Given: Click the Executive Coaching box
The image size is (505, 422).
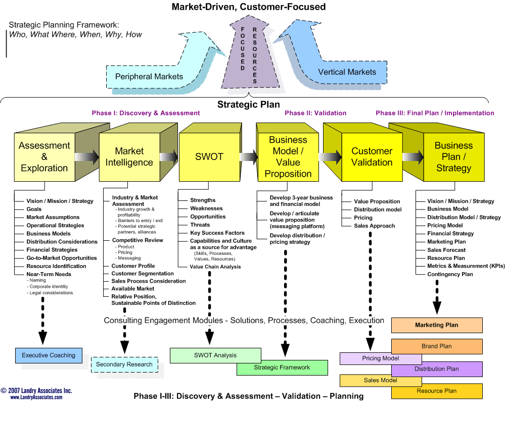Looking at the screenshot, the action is point(49,355).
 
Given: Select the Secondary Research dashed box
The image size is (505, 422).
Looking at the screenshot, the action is point(124,364).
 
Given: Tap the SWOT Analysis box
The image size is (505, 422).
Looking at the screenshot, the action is point(215,355).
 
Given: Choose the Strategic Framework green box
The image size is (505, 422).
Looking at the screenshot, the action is point(282,367).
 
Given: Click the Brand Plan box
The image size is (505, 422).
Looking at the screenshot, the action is point(437,346).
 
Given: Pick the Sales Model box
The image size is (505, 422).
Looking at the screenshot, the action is point(381,381).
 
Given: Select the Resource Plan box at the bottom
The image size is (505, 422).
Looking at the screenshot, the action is point(437,391).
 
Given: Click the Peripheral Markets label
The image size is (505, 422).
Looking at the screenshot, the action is point(149,77).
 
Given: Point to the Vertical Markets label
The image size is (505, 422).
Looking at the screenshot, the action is point(347,72).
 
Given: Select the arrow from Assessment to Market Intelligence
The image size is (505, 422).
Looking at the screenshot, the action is point(87,157).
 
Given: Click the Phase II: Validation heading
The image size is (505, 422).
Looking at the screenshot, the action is point(315,113).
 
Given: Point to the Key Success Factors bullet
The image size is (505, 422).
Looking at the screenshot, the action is point(217,233).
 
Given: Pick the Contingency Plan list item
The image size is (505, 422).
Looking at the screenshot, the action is point(450,275).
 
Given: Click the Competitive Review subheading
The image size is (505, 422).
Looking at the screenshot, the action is point(137,240).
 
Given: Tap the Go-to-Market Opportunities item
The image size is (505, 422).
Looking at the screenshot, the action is point(62,258).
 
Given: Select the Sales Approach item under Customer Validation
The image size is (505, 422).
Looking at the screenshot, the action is point(374,226).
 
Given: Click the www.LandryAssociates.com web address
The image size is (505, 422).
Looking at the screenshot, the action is point(36,397).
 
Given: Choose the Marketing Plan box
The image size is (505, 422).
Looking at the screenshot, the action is point(437,325).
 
